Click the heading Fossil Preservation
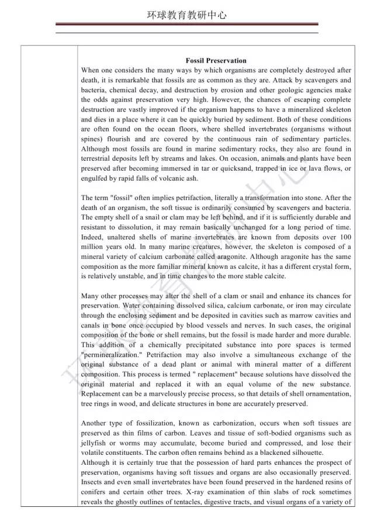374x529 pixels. (216, 60)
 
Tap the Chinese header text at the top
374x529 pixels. (186, 16)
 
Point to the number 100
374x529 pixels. (344, 237)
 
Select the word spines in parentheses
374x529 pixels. (92, 139)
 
